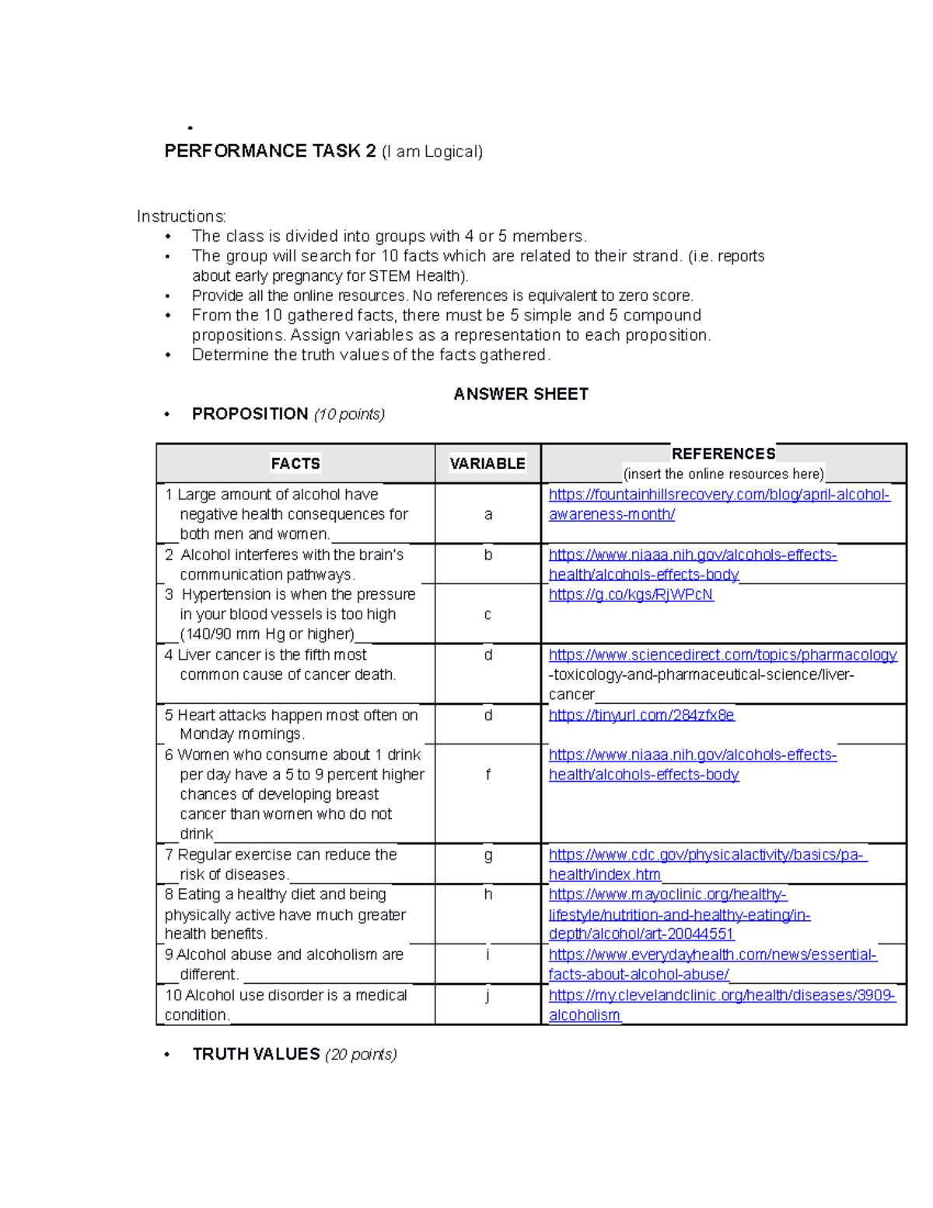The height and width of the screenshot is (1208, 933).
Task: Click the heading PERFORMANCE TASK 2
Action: (270, 151)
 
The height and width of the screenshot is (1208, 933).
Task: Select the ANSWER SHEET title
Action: (520, 394)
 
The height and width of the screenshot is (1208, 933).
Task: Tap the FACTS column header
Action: (295, 464)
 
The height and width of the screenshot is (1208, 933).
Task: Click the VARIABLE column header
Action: (487, 464)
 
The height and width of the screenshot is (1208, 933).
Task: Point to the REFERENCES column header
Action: (723, 453)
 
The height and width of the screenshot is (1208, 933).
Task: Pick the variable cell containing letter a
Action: (487, 514)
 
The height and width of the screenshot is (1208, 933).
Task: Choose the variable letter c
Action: (487, 615)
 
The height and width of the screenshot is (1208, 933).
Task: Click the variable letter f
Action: (487, 775)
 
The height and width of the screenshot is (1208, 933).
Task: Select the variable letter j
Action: (487, 995)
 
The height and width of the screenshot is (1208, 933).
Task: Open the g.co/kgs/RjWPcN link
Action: (631, 595)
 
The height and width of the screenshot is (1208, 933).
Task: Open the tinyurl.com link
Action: (641, 715)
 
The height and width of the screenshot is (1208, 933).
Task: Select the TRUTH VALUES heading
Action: (256, 1054)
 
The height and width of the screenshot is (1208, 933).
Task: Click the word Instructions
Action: (181, 216)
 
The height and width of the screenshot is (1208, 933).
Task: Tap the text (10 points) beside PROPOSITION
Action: (349, 415)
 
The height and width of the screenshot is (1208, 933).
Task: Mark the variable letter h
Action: (487, 895)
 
